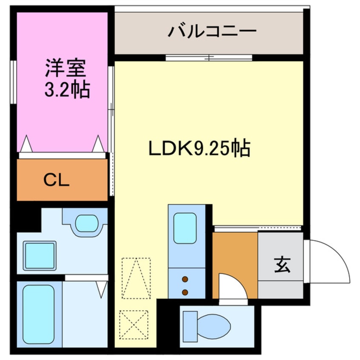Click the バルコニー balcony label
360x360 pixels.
tap(212, 31)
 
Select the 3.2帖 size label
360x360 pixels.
tap(67, 90)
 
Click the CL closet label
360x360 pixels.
tap(57, 181)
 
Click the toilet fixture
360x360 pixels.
tap(207, 325)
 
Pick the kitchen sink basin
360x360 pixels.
tap(185, 228)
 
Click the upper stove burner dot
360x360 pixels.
tap(185, 280)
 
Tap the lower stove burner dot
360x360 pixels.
tap(185, 292)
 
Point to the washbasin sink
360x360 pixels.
tap(86, 223)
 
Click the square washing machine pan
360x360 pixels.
tap(40, 255)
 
